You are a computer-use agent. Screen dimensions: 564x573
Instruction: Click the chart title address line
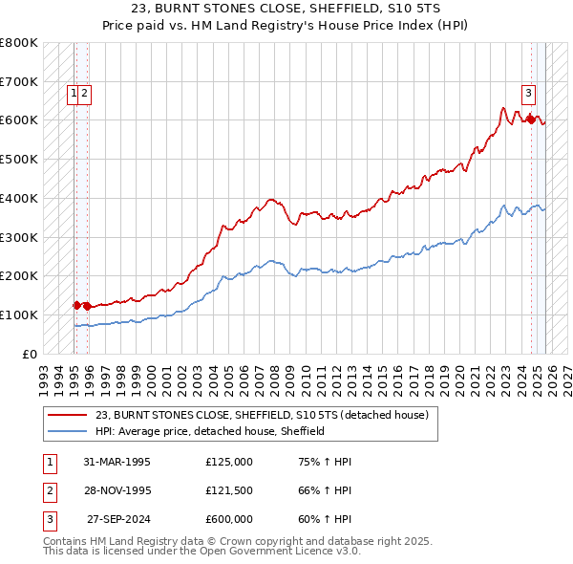pos(286,9)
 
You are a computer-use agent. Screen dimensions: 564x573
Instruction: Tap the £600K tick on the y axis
pos(19,120)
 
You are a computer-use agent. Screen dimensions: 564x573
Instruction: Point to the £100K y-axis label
pos(19,315)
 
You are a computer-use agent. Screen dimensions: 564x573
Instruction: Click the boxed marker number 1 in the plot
pos(74,93)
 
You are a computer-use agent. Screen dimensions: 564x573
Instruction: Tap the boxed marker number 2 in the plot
pos(85,93)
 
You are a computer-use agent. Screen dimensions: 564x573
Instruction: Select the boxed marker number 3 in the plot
pos(527,93)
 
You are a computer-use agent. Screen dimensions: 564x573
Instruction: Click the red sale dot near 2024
pos(531,120)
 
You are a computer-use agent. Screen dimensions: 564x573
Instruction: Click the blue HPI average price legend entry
pos(210,431)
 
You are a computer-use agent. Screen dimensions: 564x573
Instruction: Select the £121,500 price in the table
pos(229,490)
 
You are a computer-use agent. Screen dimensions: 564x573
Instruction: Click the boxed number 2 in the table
pos(48,490)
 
